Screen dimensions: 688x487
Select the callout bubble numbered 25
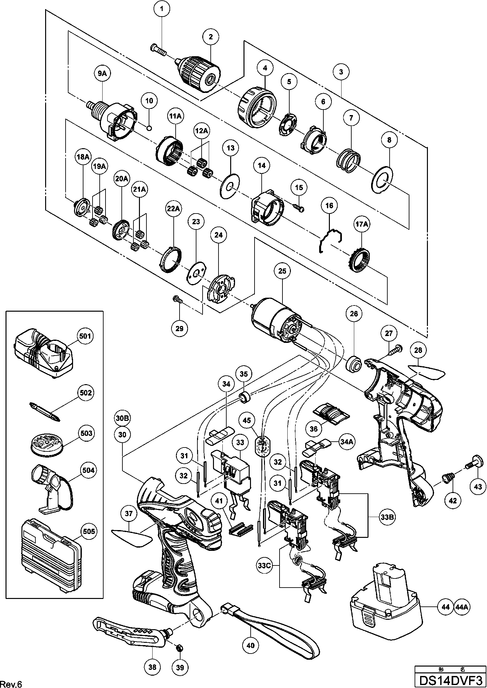coord(282,270)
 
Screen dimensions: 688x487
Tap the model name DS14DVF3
coord(451,681)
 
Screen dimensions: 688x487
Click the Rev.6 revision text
coord(11,682)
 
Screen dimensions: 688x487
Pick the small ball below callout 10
coord(149,128)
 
